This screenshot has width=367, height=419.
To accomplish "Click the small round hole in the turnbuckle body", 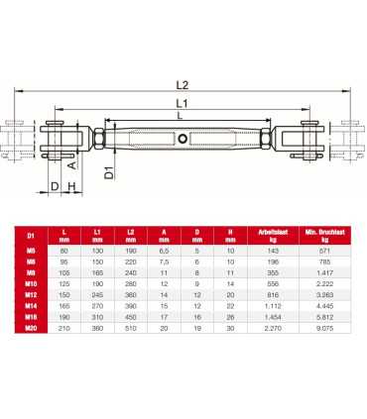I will (184, 138).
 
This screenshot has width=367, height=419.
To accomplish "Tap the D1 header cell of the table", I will (32, 236).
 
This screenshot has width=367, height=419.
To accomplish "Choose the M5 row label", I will (32, 252).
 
